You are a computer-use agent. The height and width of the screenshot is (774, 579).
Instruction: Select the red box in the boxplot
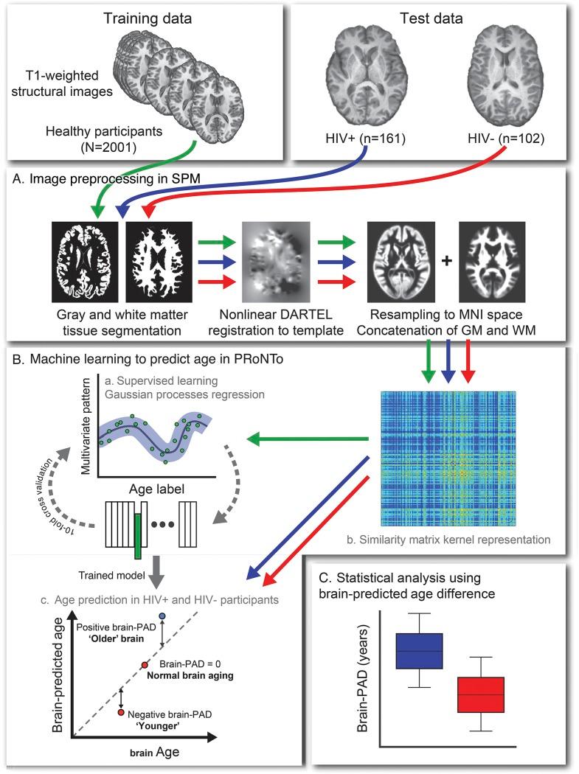pos(480,694)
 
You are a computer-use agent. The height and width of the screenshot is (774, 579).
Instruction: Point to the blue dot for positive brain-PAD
pos(162,616)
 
